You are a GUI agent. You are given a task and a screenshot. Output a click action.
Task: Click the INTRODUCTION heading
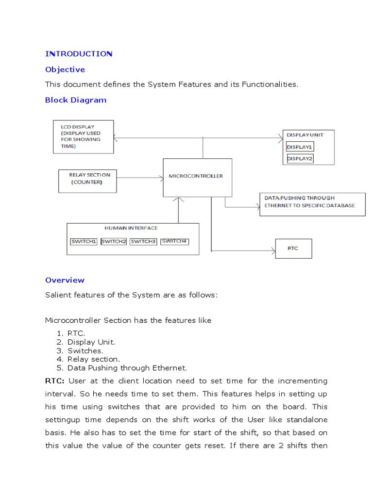pyautogui.click(x=79, y=53)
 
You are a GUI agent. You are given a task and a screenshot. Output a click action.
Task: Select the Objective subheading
pyautogui.click(x=65, y=69)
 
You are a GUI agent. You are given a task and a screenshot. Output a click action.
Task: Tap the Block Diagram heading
pyautogui.click(x=76, y=100)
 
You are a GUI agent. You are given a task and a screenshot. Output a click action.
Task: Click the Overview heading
pyautogui.click(x=65, y=280)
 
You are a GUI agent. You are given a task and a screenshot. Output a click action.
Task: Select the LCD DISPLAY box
pyautogui.click(x=83, y=136)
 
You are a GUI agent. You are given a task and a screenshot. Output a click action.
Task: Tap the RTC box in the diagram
pyautogui.click(x=293, y=248)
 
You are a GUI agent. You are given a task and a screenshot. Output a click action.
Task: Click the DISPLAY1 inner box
pyautogui.click(x=300, y=147)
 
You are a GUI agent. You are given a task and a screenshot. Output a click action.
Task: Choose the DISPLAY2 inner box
pyautogui.click(x=300, y=159)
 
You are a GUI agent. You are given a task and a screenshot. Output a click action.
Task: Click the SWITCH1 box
pyautogui.click(x=84, y=241)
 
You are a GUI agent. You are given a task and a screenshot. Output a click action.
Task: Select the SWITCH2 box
pyautogui.click(x=114, y=241)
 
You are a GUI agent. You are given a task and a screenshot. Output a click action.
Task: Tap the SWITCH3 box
pyautogui.click(x=143, y=241)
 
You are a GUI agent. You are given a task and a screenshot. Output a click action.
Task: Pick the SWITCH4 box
pyautogui.click(x=174, y=241)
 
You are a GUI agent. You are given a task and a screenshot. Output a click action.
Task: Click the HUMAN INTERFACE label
pyautogui.click(x=131, y=228)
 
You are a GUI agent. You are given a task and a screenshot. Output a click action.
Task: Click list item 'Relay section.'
pyautogui.click(x=94, y=359)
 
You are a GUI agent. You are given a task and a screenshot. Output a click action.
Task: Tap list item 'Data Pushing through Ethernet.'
pyautogui.click(x=127, y=368)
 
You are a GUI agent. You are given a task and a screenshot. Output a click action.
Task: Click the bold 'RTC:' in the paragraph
pyautogui.click(x=54, y=381)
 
